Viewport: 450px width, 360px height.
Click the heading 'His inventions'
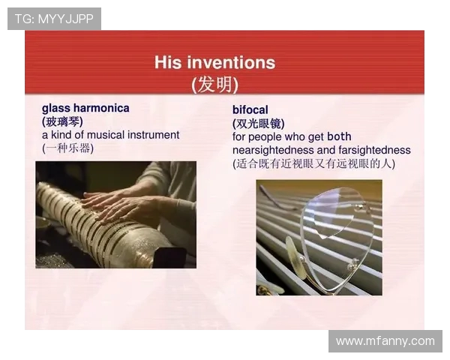[214, 62]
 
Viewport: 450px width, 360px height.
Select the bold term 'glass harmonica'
[85, 108]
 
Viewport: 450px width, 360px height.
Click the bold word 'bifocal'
[250, 110]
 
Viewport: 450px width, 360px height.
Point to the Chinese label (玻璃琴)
[62, 121]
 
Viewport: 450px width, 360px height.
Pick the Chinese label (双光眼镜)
[259, 124]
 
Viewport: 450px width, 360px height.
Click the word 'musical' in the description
[110, 135]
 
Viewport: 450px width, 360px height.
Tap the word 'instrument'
[155, 135]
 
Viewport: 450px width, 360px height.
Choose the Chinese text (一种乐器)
[68, 148]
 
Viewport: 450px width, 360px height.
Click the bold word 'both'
[339, 137]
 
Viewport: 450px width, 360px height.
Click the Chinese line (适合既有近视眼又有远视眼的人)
[313, 163]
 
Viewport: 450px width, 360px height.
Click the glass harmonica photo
[115, 214]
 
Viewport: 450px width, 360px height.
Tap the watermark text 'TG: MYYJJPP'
[54, 19]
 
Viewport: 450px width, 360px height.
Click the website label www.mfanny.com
[385, 341]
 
